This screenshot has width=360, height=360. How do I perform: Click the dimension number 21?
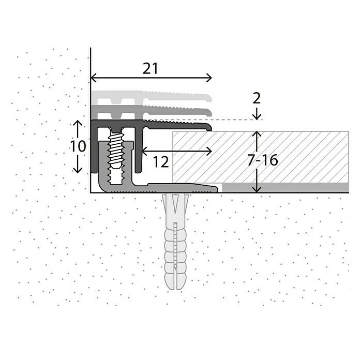[151, 68]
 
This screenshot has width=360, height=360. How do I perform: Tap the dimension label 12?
[161, 162]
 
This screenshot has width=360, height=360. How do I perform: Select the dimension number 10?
[78, 146]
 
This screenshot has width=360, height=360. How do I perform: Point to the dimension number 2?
[257, 98]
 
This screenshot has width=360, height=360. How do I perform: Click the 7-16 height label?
[262, 160]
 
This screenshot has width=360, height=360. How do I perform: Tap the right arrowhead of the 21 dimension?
[209, 78]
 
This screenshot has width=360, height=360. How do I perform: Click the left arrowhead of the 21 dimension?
[94, 78]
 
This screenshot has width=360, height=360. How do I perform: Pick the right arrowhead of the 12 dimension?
[209, 151]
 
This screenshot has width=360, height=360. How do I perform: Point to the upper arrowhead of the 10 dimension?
[78, 123]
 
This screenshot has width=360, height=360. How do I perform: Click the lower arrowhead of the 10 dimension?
[78, 170]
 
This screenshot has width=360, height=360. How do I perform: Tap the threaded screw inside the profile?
[116, 152]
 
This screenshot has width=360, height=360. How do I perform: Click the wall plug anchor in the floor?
[175, 242]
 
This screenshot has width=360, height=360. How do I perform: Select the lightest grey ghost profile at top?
[152, 97]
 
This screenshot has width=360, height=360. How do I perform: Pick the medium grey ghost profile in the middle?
[152, 111]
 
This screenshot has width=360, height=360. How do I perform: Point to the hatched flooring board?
[261, 157]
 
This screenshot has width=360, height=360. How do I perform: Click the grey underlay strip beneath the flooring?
[286, 188]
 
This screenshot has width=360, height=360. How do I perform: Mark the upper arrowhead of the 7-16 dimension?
[257, 134]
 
